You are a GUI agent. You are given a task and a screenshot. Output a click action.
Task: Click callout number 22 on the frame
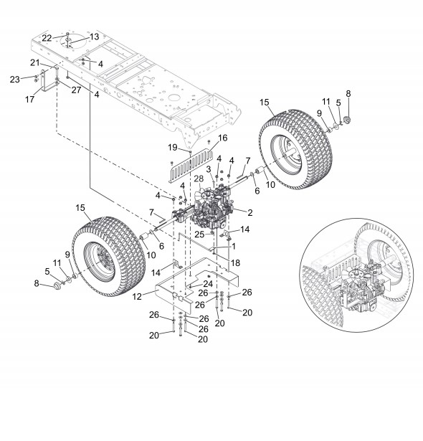pyautogui.click(x=47, y=38)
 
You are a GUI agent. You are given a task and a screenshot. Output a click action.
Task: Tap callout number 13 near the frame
pyautogui.click(x=95, y=37)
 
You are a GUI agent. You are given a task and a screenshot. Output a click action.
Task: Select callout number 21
pyautogui.click(x=35, y=62)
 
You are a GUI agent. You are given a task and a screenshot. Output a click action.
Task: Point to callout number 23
pyautogui.click(x=14, y=80)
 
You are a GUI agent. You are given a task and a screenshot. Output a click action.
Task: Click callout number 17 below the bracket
pyautogui.click(x=29, y=99)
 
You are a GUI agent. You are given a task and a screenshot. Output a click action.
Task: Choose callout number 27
pyautogui.click(x=76, y=90)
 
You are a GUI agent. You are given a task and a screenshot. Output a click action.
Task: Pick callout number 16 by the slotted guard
pyautogui.click(x=222, y=138)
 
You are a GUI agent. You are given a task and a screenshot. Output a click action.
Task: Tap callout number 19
pyautogui.click(x=173, y=147)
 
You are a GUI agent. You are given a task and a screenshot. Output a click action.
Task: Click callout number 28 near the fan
pyautogui.click(x=199, y=179)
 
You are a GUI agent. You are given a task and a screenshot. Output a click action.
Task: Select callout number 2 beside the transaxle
pyautogui.click(x=249, y=213)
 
